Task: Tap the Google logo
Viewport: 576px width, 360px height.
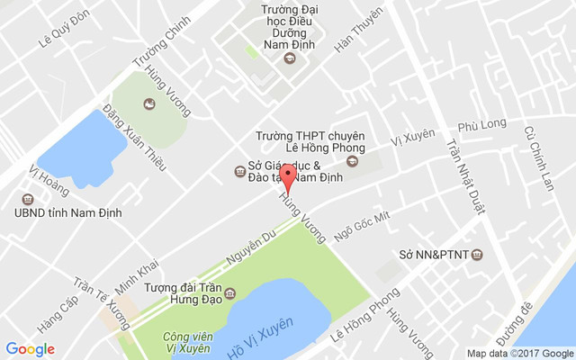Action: click(x=30, y=349)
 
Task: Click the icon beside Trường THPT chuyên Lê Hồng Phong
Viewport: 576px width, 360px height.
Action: click(x=352, y=162)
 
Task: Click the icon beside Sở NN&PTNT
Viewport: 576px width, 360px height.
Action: click(x=477, y=255)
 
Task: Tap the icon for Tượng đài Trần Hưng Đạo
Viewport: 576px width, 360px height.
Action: click(x=230, y=293)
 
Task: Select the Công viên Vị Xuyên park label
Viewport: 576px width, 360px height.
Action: click(x=187, y=342)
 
